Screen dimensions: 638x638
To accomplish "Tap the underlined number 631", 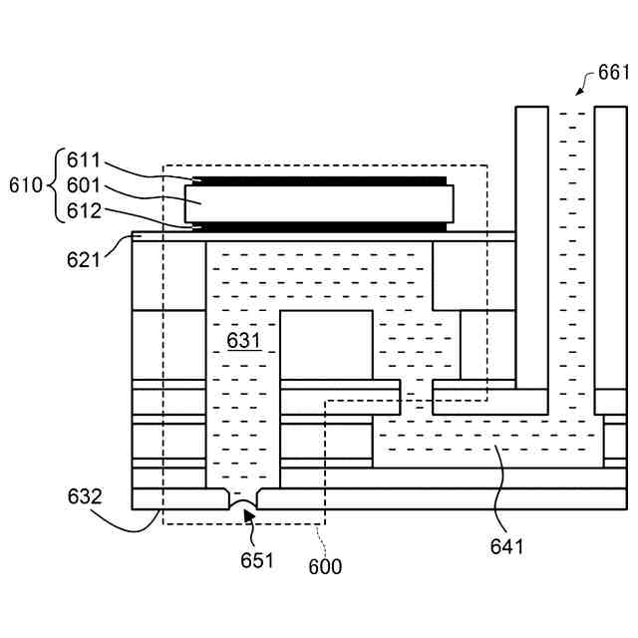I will point(243,341).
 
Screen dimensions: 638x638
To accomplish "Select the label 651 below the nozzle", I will point(256,559).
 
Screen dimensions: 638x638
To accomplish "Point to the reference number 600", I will point(325,566).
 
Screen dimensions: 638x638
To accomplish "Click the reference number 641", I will point(506,545).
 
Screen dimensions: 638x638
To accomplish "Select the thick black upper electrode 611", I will point(319,180).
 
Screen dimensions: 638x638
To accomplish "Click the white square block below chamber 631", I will point(326,345).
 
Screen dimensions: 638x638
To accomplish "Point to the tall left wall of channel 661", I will point(531,249).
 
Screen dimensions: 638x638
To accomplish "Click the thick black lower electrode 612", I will point(319,226).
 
